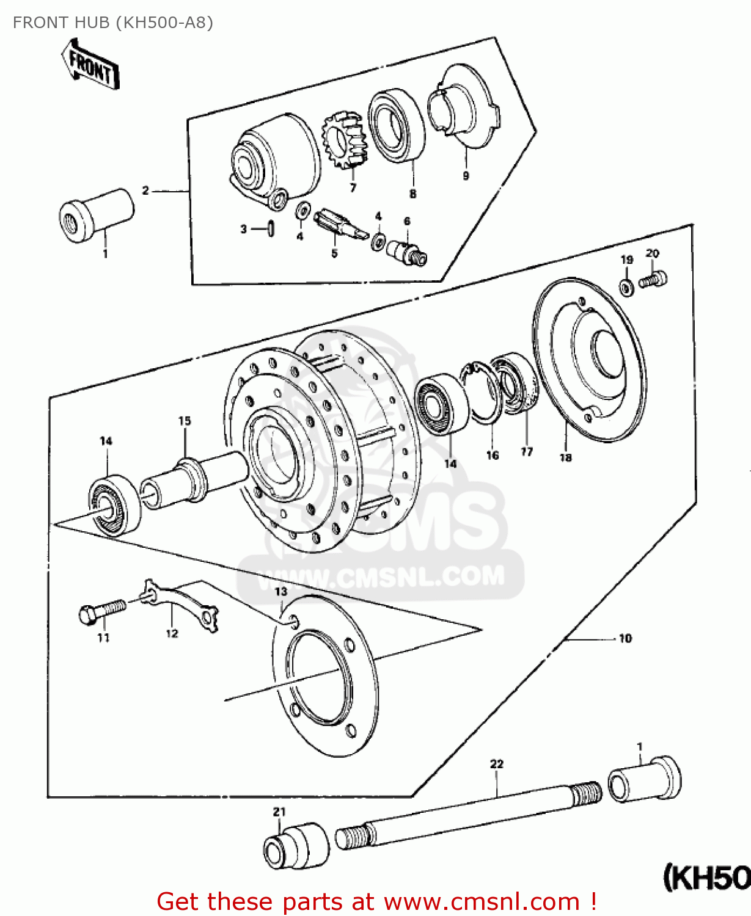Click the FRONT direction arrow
click(x=90, y=65)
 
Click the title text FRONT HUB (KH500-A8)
click(x=113, y=23)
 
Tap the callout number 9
click(x=466, y=176)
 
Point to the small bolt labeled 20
click(x=653, y=280)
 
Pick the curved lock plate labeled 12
click(x=180, y=605)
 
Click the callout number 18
click(x=565, y=457)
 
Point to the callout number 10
click(x=625, y=639)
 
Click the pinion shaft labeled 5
click(x=340, y=224)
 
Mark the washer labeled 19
click(x=626, y=286)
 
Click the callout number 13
click(x=280, y=592)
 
